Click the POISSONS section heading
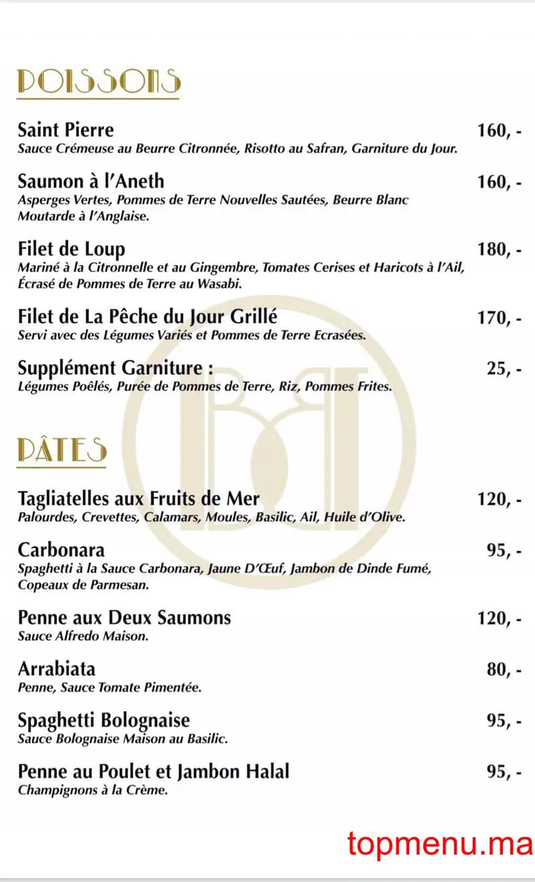click(x=99, y=81)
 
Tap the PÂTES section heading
click(x=62, y=451)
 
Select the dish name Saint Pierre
click(x=66, y=130)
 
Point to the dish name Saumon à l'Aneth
click(x=91, y=181)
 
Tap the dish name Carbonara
click(x=62, y=550)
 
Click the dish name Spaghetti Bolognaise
click(x=104, y=720)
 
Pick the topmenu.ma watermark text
click(x=439, y=844)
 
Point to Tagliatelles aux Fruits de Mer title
click(x=138, y=499)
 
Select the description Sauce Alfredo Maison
click(x=83, y=636)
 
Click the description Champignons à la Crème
click(x=92, y=790)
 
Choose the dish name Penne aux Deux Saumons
click(x=124, y=617)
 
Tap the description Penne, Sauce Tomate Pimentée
click(x=110, y=687)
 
